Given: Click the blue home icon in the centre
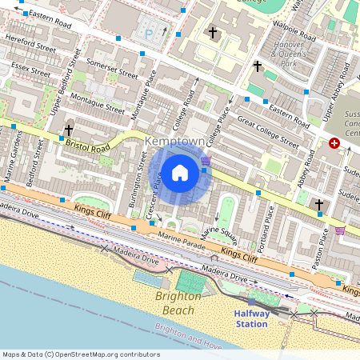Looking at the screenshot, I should [x=180, y=173].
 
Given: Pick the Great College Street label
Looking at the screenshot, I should [x=267, y=133].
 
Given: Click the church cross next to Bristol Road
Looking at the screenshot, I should [x=69, y=130].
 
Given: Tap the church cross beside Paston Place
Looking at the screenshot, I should [x=318, y=205].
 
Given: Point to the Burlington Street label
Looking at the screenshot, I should [x=134, y=189].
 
